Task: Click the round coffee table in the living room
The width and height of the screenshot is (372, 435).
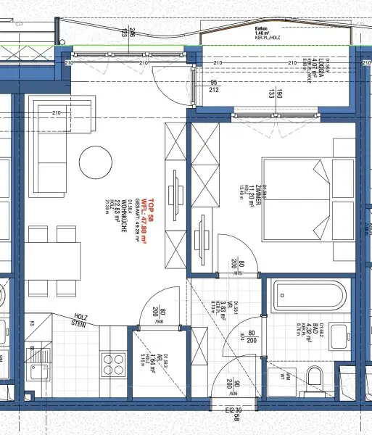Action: pyautogui.click(x=94, y=159)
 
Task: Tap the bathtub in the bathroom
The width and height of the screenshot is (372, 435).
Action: pyautogui.click(x=301, y=297)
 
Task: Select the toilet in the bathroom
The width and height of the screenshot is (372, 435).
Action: pyautogui.click(x=314, y=376)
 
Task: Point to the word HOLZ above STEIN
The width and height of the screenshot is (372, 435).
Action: pyautogui.click(x=81, y=317)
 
